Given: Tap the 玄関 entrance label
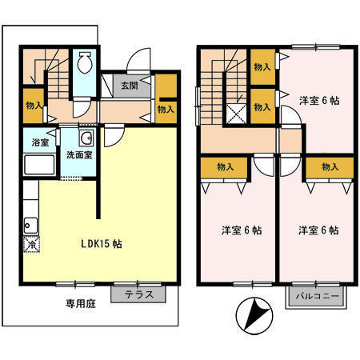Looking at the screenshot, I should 130,86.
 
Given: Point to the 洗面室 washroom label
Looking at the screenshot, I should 78,154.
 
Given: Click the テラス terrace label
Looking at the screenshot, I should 140,294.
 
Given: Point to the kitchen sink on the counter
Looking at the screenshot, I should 31,222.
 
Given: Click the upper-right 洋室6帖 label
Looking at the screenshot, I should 319,101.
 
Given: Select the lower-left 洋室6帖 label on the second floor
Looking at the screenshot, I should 241,230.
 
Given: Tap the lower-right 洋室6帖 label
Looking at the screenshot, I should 318,230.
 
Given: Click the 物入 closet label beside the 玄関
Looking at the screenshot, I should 166,109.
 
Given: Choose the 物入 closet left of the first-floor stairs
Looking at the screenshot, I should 33,105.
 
